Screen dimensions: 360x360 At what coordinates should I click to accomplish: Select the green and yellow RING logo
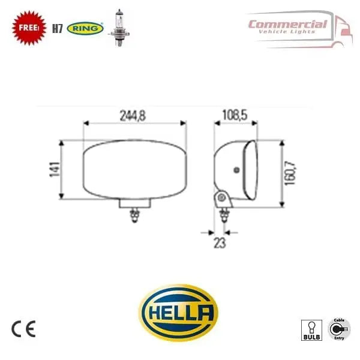click(86, 28)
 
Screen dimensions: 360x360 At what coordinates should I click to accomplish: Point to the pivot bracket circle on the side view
click(221, 197)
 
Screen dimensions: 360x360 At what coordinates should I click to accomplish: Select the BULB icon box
click(311, 330)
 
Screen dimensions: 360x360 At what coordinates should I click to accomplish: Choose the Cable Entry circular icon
click(340, 329)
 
